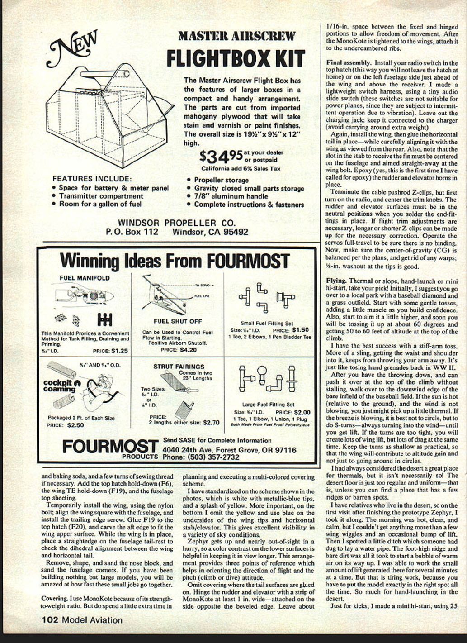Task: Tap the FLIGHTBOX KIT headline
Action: pos(236,59)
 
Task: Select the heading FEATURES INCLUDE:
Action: pos(92,179)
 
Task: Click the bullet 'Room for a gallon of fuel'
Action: pos(100,204)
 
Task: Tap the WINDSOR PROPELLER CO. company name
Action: pos(177,223)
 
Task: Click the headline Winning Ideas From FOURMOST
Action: pos(174,261)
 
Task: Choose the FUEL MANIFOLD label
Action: pos(85,278)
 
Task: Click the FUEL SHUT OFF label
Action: pos(178,321)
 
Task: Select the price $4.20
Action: pos(188,350)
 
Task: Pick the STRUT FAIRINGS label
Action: pos(179,367)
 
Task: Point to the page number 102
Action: pos(50,620)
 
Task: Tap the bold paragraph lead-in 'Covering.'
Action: pos(54,598)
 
